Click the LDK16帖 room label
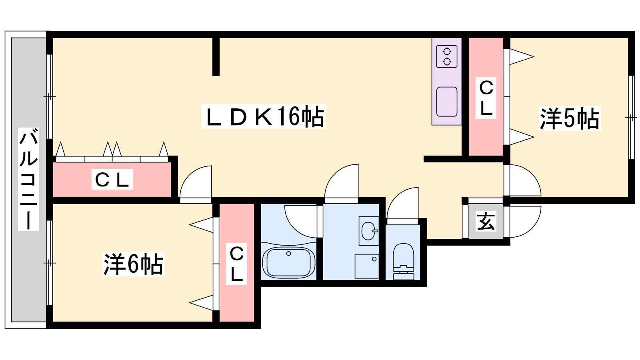coord(264,116)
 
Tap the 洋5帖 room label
coord(570,118)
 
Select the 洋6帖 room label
coord(134,264)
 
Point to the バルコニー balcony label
coord(28,179)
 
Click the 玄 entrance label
coord(486,221)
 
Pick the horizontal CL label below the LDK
coord(112,179)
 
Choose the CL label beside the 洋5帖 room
coord(486,98)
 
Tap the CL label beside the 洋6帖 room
coord(236,264)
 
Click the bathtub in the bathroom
coord(288,262)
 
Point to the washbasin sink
coord(369,230)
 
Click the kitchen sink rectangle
coord(447,102)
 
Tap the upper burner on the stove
coord(447,52)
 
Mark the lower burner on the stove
coord(447,61)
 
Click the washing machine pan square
coord(367,266)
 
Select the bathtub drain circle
coord(288,254)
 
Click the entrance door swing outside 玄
coord(522,222)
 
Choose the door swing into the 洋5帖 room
coord(522,180)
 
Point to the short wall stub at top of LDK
coord(216,56)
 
